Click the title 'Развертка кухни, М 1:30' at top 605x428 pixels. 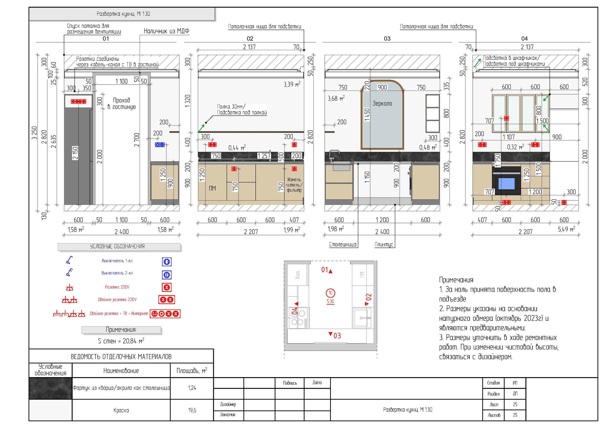(x=123, y=14)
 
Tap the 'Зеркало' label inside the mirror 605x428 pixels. (x=382, y=104)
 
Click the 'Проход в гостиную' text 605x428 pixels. (x=121, y=103)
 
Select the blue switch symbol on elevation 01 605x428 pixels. (x=160, y=144)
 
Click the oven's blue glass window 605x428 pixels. (x=506, y=183)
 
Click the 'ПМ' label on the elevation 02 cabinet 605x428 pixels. (x=212, y=188)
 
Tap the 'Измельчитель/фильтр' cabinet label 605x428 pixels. (x=294, y=185)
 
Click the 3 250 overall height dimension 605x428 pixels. (x=34, y=133)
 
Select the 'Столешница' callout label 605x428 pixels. (x=342, y=245)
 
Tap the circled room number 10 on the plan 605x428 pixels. (x=330, y=293)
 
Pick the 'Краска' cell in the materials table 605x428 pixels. (x=121, y=410)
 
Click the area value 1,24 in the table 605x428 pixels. (x=192, y=388)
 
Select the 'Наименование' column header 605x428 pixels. (x=121, y=371)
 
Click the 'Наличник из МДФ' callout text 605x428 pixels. (x=167, y=31)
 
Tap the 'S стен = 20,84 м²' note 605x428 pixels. (x=121, y=341)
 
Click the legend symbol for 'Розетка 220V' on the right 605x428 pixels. (x=167, y=287)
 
